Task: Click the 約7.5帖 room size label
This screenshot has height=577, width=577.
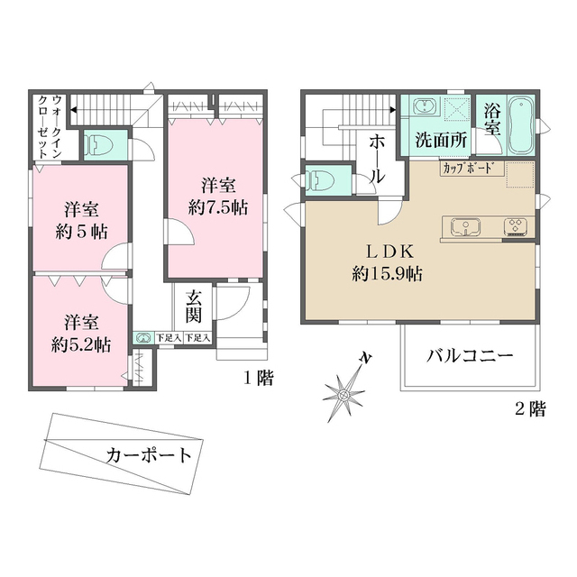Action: (219, 206)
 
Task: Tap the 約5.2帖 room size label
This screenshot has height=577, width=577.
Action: (80, 343)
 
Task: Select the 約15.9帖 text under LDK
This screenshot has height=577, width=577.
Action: (388, 273)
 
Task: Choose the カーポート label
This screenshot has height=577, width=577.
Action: (149, 454)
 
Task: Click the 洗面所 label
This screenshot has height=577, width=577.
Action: (440, 140)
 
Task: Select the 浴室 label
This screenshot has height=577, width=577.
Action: (492, 123)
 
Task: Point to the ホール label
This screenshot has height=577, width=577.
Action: (378, 159)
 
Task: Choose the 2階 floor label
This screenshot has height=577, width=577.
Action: (530, 409)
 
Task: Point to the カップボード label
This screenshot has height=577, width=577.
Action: (468, 168)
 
